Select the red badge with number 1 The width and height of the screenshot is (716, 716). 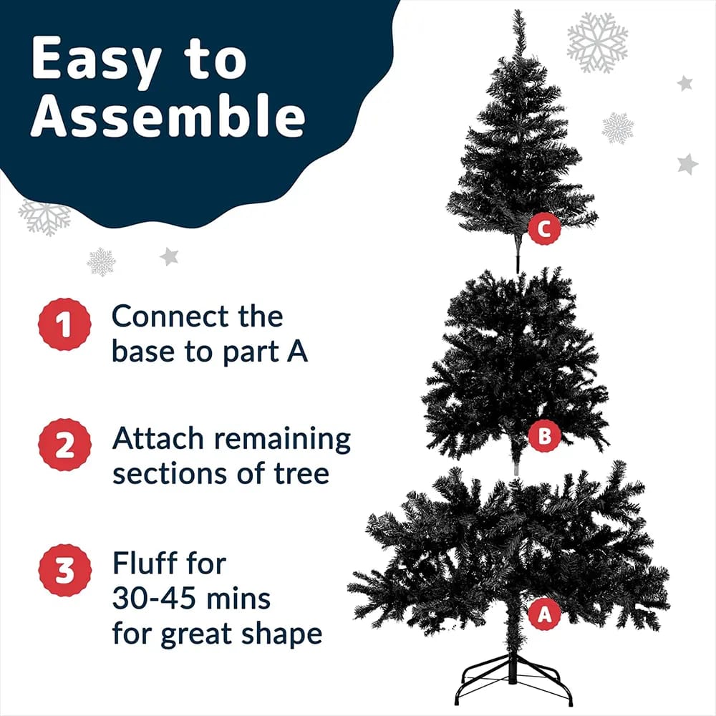click(x=64, y=324)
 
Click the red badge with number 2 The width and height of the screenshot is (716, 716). click(x=64, y=445)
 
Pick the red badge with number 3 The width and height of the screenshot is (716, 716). click(x=64, y=570)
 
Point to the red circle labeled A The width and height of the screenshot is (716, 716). click(x=544, y=614)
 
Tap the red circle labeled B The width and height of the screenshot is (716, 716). click(x=543, y=437)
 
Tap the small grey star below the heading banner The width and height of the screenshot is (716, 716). click(x=169, y=256)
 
